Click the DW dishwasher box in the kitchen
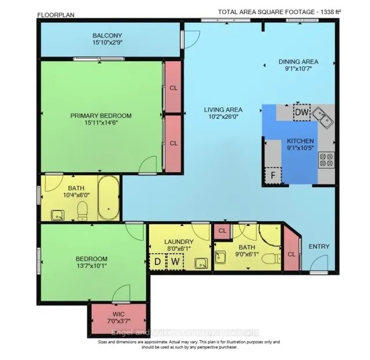click(301, 112)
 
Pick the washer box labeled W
click(174, 263)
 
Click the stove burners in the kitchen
click(325, 159)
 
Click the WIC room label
click(119, 313)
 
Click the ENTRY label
click(319, 247)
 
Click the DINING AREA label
click(298, 62)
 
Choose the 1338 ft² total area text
click(347, 12)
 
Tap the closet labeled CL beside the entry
click(291, 253)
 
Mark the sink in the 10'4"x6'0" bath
click(58, 214)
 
